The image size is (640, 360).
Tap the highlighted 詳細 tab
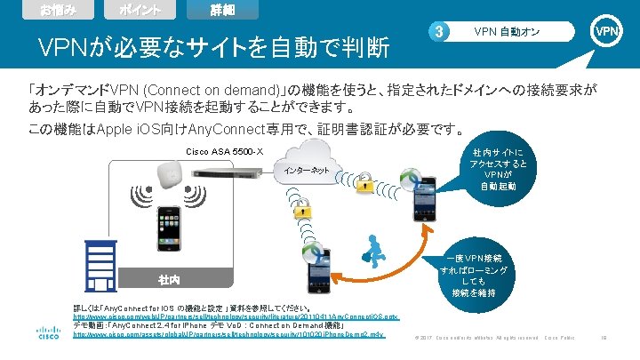point(228,11)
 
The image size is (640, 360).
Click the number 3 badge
point(437,33)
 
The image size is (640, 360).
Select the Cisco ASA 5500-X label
point(225,150)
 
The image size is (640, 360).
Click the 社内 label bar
point(169,280)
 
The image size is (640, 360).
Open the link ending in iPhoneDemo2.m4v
point(229,335)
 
